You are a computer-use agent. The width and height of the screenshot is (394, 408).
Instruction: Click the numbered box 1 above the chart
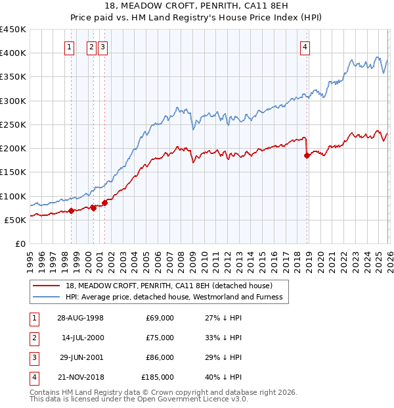point(70,47)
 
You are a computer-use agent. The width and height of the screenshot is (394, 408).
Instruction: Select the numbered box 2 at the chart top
point(92,47)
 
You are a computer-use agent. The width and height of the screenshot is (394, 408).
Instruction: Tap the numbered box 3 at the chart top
point(104,47)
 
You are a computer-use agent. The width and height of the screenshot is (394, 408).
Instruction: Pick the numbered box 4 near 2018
point(305,47)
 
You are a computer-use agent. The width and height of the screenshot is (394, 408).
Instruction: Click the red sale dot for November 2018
point(307,155)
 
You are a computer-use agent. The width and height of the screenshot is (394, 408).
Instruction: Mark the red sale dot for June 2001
point(104,203)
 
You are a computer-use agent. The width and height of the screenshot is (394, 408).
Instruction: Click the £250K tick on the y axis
point(13,124)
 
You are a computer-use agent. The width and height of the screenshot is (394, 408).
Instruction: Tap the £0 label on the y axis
point(20,243)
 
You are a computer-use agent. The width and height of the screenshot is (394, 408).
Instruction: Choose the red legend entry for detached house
point(173,286)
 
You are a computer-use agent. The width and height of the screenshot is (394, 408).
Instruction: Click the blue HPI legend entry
point(173,297)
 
